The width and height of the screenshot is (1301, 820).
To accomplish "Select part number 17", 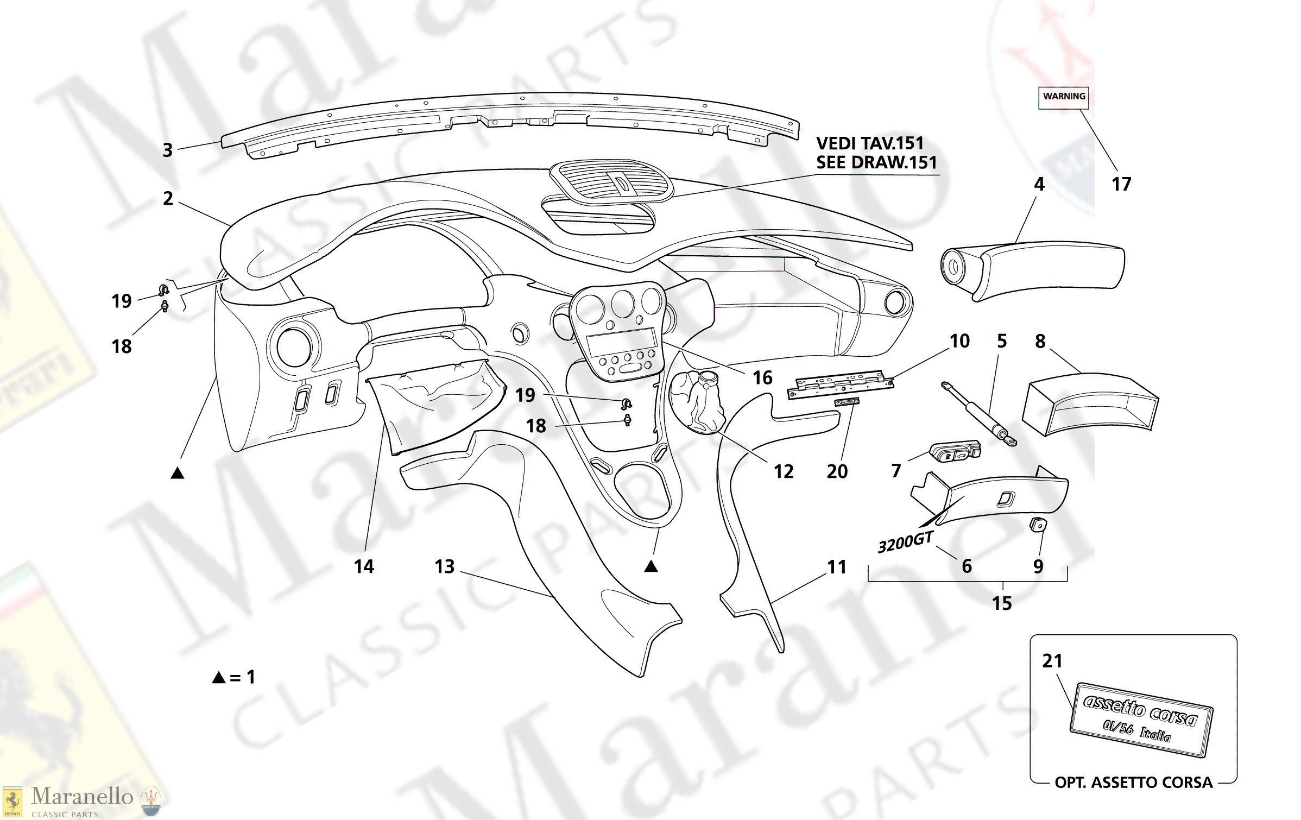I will (x=1121, y=185).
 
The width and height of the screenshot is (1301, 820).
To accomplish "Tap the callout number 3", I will (x=168, y=150).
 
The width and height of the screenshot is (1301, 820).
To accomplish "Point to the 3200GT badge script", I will (x=905, y=542).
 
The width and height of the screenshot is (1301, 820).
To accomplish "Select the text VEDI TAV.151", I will (x=870, y=144).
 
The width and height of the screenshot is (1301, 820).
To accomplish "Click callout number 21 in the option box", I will (x=1052, y=661).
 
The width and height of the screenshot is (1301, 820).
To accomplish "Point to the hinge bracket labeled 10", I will (x=841, y=384).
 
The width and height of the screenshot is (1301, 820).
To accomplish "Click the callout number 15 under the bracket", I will (x=1002, y=603).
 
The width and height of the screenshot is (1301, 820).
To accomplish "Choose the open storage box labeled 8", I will (x=1090, y=405).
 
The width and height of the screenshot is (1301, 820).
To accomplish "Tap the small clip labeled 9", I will (x=1038, y=525).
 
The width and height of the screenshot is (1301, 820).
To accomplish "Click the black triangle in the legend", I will (x=219, y=677).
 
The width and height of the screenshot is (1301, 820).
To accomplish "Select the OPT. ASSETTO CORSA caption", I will (x=1133, y=783).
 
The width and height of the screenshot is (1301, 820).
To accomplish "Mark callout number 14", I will (x=364, y=567).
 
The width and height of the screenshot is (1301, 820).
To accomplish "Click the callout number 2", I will (x=168, y=199).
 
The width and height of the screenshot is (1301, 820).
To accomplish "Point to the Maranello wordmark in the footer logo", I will (x=82, y=797).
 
